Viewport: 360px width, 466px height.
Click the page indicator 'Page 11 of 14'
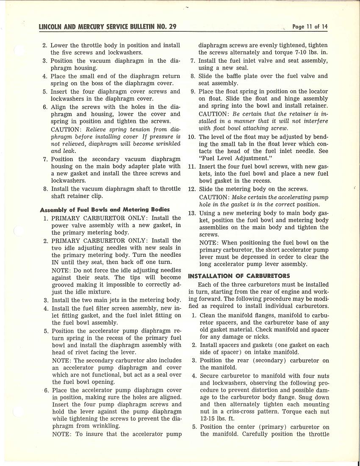point(310,27)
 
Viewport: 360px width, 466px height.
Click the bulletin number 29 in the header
point(171,27)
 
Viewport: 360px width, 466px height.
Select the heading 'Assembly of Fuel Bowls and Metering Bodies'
point(105,209)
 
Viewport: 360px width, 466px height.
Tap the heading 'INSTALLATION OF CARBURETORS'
point(239,276)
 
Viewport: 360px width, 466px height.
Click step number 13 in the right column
point(191,213)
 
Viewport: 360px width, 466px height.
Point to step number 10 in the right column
point(191,137)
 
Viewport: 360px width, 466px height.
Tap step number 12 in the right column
point(191,189)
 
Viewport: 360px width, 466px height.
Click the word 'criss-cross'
point(253,411)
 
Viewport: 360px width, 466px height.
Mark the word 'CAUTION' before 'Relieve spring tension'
point(66,130)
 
